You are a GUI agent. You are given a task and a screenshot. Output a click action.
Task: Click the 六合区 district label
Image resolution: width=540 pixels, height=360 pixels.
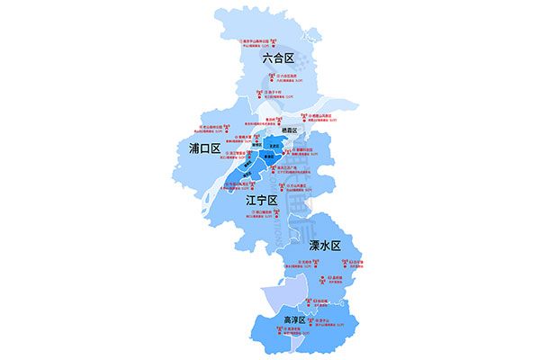(278, 58)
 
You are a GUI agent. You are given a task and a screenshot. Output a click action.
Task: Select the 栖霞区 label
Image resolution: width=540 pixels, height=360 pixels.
(288, 131)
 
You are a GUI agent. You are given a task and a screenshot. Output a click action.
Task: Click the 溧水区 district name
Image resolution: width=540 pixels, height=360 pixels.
(326, 245)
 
